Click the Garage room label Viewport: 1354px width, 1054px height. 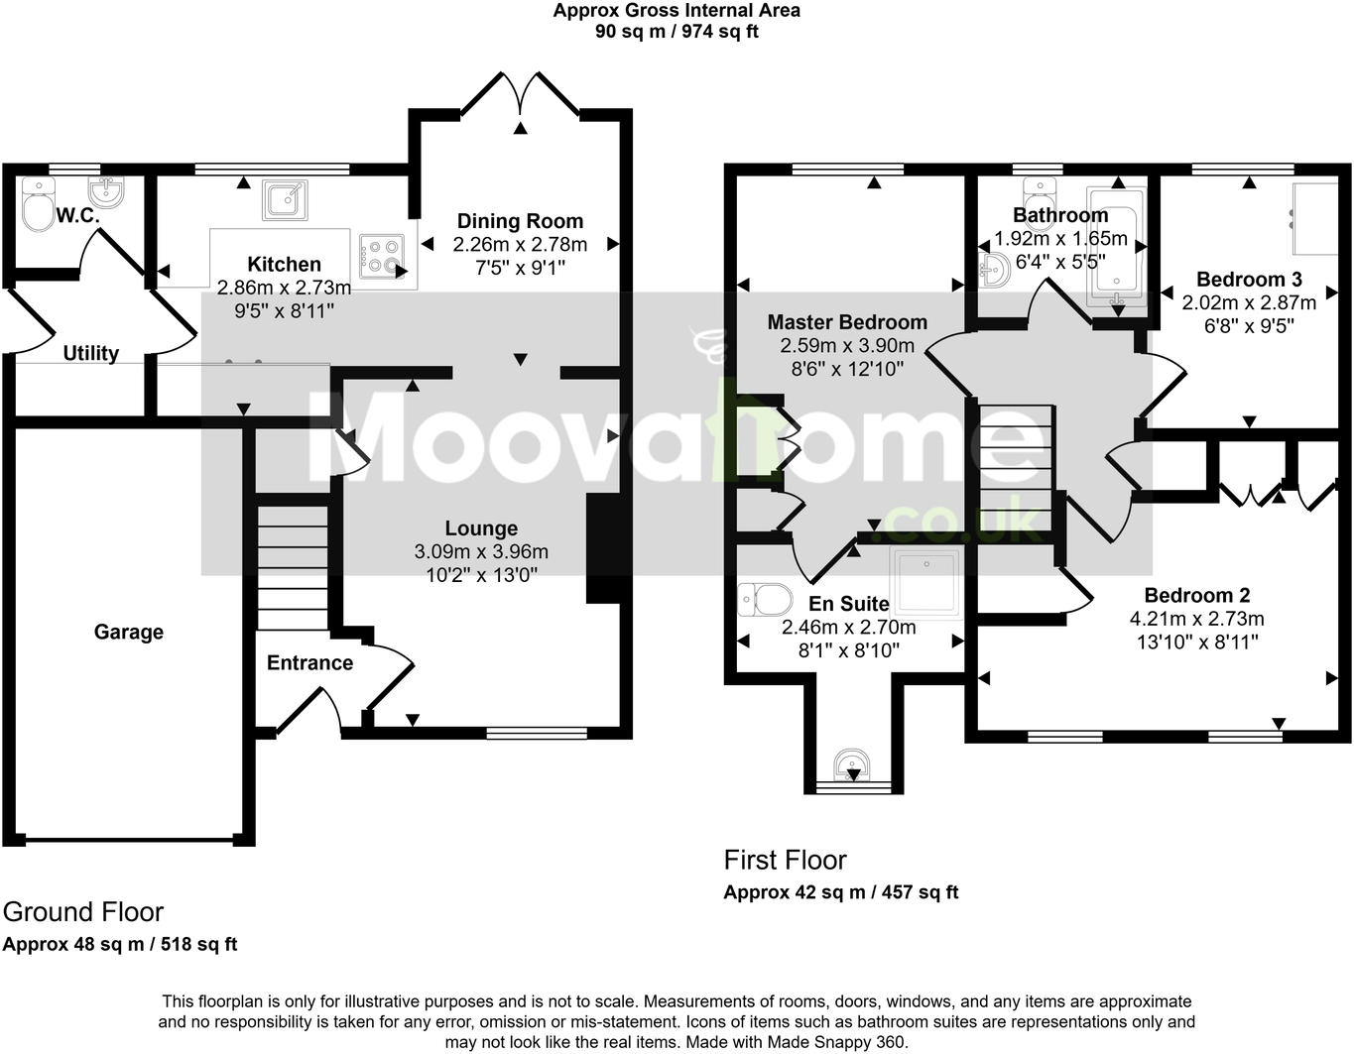pyautogui.click(x=129, y=632)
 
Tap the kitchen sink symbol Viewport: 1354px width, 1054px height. pyautogui.click(x=285, y=200)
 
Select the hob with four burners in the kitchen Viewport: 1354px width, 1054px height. pyautogui.click(x=381, y=256)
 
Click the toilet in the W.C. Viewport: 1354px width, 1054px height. pyautogui.click(x=39, y=205)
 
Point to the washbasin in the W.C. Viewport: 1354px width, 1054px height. pyautogui.click(x=106, y=191)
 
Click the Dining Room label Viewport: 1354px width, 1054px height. pyautogui.click(x=521, y=221)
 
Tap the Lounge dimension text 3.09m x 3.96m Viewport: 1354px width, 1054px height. pyautogui.click(x=481, y=551)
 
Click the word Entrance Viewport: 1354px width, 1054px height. pyautogui.click(x=309, y=663)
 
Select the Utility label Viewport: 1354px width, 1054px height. pyautogui.click(x=91, y=353)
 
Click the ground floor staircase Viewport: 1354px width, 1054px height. pyautogui.click(x=293, y=568)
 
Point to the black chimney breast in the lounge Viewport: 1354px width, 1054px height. pyautogui.click(x=602, y=548)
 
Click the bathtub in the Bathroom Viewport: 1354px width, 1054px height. pyautogui.click(x=1117, y=247)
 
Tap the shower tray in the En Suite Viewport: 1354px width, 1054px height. pyautogui.click(x=925, y=583)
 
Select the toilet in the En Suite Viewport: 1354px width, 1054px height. pyautogui.click(x=765, y=600)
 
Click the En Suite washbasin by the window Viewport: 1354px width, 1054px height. pyautogui.click(x=852, y=764)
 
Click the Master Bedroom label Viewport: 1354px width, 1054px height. pyautogui.click(x=847, y=322)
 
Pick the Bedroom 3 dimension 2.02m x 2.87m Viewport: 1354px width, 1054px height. pyautogui.click(x=1249, y=302)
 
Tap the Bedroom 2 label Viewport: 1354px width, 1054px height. pyautogui.click(x=1197, y=595)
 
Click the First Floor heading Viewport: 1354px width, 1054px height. pyautogui.click(x=785, y=860)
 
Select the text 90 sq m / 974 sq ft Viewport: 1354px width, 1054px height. pyautogui.click(x=677, y=31)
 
